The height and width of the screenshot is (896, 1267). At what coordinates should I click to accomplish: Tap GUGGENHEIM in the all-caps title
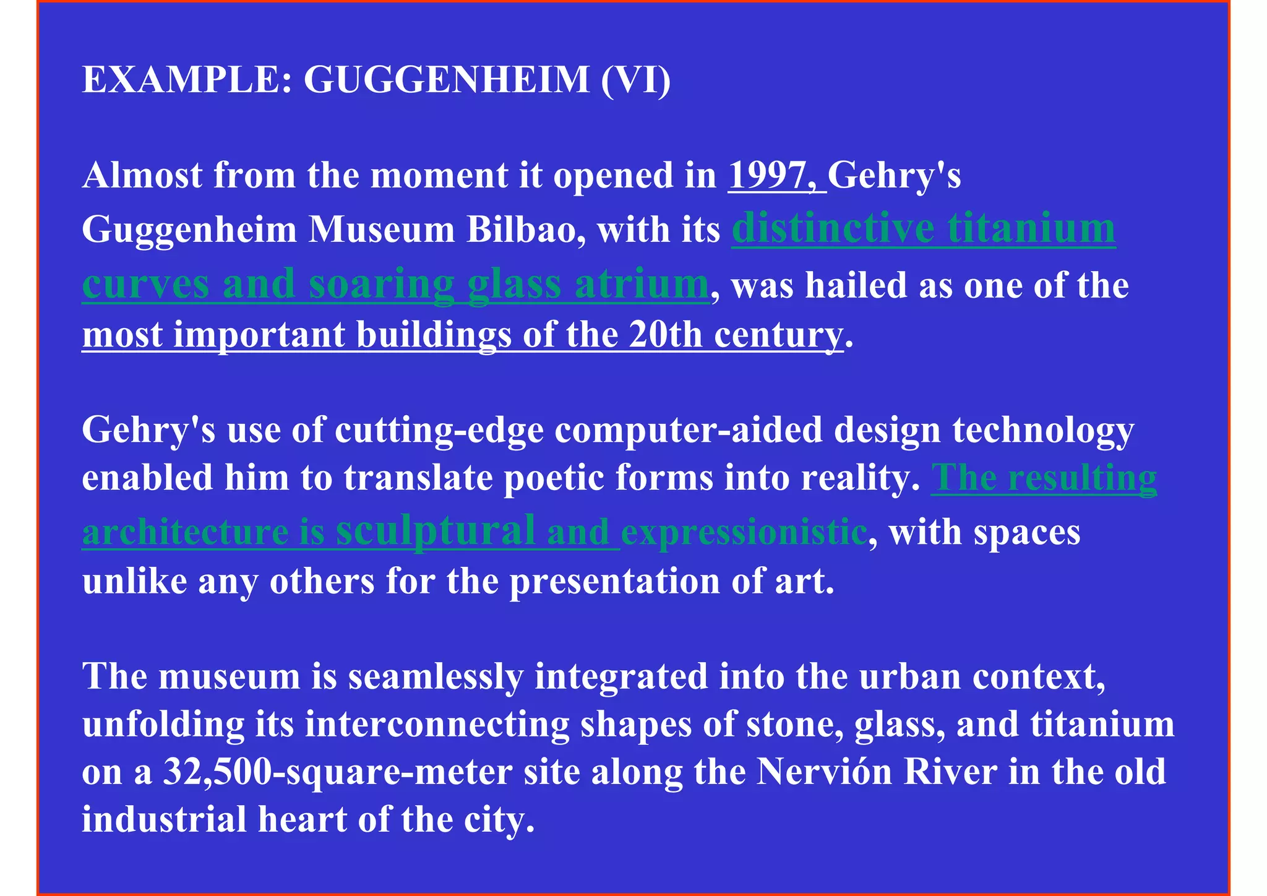pyautogui.click(x=446, y=80)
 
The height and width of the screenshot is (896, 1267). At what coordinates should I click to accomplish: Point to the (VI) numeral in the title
pyautogui.click(x=635, y=80)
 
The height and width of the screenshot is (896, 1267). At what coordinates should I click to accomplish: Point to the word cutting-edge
pyautogui.click(x=439, y=429)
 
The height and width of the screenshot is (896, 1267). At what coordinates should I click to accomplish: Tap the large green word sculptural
pyautogui.click(x=436, y=530)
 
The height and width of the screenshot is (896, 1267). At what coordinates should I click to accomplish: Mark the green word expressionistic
pyautogui.click(x=744, y=532)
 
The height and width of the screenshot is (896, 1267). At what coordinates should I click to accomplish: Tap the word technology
pyautogui.click(x=1043, y=429)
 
